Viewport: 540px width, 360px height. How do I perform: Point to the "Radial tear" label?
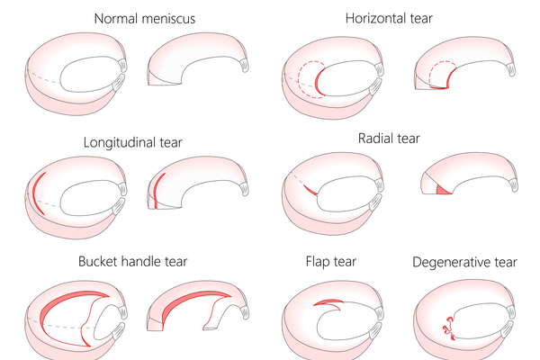click(x=389, y=139)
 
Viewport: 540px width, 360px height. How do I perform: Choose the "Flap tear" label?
click(x=331, y=262)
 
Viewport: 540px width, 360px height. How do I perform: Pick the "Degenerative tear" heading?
click(x=464, y=262)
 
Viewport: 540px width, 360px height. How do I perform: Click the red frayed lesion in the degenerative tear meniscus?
click(x=446, y=330)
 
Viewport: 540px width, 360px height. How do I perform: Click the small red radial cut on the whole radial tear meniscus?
click(x=309, y=189)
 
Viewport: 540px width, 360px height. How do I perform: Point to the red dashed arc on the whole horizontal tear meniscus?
click(x=311, y=72)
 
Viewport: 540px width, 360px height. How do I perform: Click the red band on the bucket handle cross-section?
click(x=193, y=301)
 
